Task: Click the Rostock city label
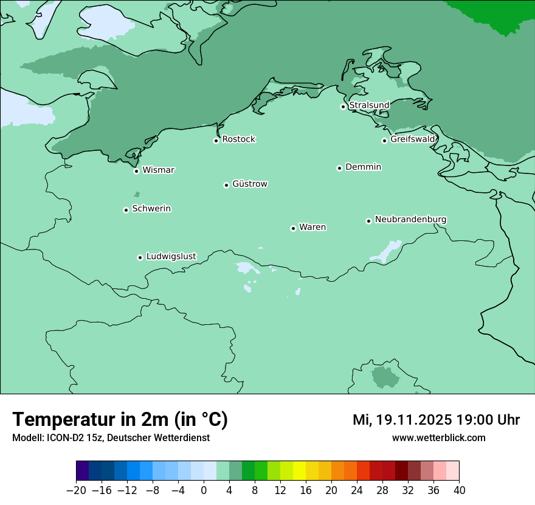[x=238, y=139]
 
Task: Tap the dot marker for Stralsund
[x=343, y=106]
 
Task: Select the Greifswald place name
[x=412, y=139]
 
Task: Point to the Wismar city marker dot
[x=137, y=171]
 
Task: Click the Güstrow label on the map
[x=249, y=184]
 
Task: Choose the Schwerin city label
[x=151, y=209]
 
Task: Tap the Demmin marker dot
[x=339, y=168]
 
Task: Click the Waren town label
[x=312, y=227]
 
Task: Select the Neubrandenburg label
[x=410, y=219]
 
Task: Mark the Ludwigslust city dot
[x=140, y=257]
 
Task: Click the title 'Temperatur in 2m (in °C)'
[x=120, y=419]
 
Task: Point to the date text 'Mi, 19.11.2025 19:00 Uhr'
[x=436, y=420]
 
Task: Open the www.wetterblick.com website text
[x=438, y=437]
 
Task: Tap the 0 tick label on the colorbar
[x=204, y=490]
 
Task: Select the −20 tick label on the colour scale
[x=76, y=490]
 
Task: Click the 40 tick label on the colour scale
[x=459, y=490]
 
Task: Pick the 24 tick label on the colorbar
[x=357, y=490]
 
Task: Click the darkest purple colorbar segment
[x=83, y=471]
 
